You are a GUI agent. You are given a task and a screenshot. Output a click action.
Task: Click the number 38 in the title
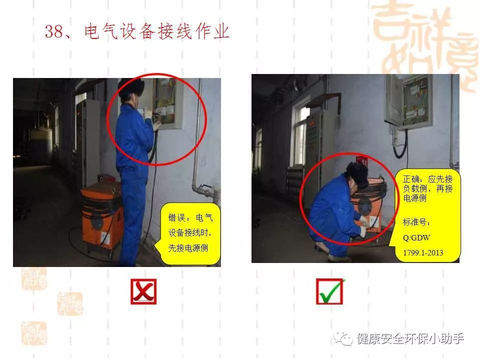[x=53, y=31]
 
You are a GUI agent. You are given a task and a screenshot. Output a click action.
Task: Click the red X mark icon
[x=143, y=291]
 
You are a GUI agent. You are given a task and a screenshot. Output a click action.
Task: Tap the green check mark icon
[x=329, y=291]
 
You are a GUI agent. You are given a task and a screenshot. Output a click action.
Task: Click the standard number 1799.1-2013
[x=423, y=253]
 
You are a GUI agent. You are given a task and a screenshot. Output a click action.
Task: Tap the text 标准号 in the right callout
[x=416, y=222]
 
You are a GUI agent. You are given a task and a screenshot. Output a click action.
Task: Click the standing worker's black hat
[x=130, y=86]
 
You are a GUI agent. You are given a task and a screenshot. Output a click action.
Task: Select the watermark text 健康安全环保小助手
[x=410, y=339]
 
